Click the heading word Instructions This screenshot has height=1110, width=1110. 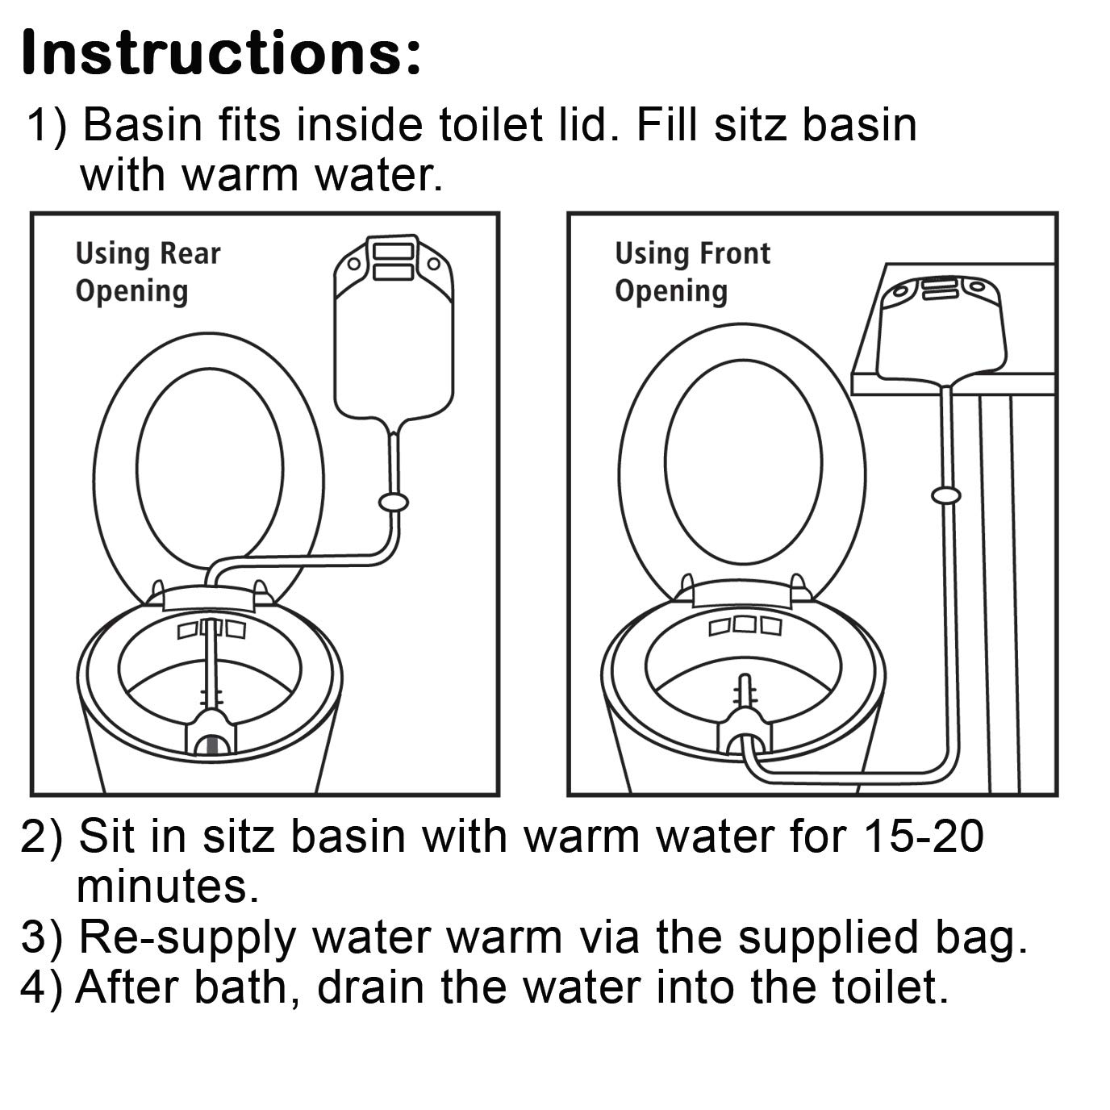point(222,53)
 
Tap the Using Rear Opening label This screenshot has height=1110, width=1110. point(148,272)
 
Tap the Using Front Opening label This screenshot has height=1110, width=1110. point(692,272)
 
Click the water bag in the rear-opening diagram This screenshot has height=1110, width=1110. point(394,328)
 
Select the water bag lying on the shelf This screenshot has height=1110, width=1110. point(941,329)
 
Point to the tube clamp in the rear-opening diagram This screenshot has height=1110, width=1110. point(394,503)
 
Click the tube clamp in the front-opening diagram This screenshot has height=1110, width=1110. point(945,494)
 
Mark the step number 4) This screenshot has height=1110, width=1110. point(41,988)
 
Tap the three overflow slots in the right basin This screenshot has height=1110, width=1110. point(745,625)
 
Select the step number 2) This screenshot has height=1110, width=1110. point(41,838)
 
